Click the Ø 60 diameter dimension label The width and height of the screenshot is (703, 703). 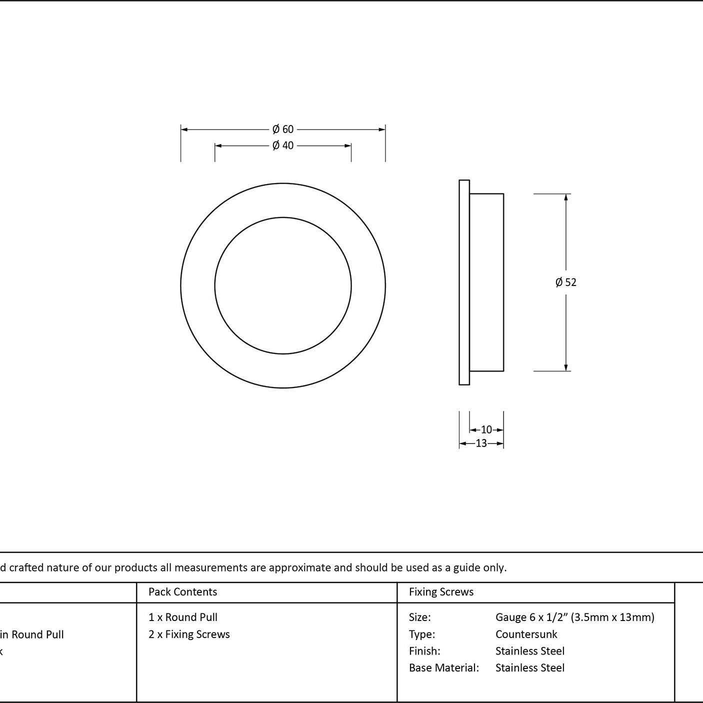(282, 129)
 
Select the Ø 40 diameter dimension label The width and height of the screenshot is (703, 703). (282, 145)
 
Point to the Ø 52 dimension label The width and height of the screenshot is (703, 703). (566, 282)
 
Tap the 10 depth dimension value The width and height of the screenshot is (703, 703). (486, 429)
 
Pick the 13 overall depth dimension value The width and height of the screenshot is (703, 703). (481, 443)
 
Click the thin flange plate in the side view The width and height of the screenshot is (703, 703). (464, 282)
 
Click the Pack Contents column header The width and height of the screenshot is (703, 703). (183, 591)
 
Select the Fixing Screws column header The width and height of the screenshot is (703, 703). (441, 591)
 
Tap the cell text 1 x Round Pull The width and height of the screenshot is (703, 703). (183, 617)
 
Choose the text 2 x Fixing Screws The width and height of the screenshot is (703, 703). (189, 634)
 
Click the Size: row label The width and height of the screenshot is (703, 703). (419, 617)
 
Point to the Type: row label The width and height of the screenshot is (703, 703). (421, 634)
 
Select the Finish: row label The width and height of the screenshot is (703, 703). (424, 651)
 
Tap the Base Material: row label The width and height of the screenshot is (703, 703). (443, 667)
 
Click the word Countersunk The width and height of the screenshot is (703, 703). (526, 634)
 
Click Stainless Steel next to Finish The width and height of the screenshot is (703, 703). (529, 651)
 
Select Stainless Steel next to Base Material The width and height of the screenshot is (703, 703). (529, 667)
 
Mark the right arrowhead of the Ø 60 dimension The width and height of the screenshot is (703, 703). (382, 129)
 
